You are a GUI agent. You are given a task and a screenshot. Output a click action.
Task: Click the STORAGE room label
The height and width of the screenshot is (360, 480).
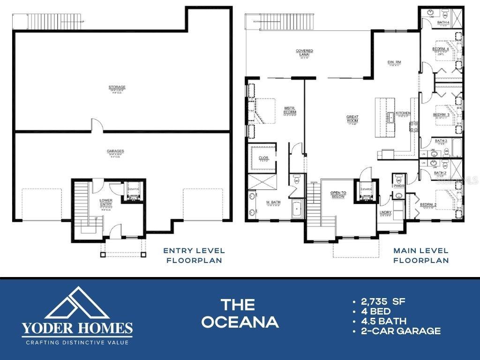[116, 87]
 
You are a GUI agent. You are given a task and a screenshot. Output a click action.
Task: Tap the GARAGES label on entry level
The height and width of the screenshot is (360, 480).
[115, 151]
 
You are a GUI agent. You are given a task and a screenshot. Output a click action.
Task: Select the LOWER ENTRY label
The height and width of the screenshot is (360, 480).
[106, 202]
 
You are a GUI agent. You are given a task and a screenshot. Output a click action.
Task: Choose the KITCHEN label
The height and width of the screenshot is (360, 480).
[403, 113]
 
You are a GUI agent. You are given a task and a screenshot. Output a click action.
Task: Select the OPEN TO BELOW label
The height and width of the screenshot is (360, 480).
[337, 195]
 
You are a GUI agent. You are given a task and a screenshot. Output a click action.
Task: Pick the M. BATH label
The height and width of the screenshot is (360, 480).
[273, 202]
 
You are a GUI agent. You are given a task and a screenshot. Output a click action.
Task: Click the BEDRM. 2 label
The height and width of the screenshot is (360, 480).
[428, 205]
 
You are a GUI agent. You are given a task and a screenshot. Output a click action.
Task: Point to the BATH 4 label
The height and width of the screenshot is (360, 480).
[443, 22]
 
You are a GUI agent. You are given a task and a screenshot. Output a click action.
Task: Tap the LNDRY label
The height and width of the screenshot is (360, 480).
[385, 212]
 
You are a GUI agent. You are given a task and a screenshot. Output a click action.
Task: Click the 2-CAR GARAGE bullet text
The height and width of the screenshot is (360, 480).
[401, 331]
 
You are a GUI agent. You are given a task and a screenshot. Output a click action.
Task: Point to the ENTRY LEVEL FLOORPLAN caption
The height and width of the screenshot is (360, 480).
[194, 255]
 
